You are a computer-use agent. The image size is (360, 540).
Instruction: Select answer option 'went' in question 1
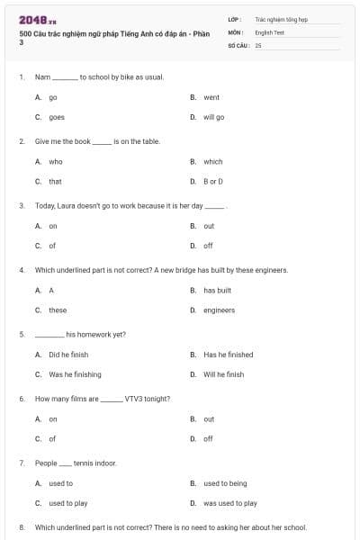point(211,97)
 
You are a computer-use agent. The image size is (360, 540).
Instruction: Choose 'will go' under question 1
point(214,117)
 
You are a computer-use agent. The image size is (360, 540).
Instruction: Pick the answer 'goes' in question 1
point(57,117)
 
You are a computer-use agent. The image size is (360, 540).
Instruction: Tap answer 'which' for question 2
point(213,162)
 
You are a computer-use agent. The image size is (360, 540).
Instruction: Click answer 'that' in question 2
point(56,181)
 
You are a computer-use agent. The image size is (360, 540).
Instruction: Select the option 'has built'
point(218,291)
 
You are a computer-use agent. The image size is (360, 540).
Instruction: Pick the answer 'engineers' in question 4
point(219,310)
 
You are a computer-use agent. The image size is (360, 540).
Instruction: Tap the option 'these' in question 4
point(58,310)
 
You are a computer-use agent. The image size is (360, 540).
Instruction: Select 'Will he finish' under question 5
point(223,374)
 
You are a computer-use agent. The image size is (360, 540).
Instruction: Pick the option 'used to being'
point(225,483)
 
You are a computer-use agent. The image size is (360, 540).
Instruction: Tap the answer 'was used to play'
point(230,503)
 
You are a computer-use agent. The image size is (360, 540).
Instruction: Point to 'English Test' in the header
point(269,31)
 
